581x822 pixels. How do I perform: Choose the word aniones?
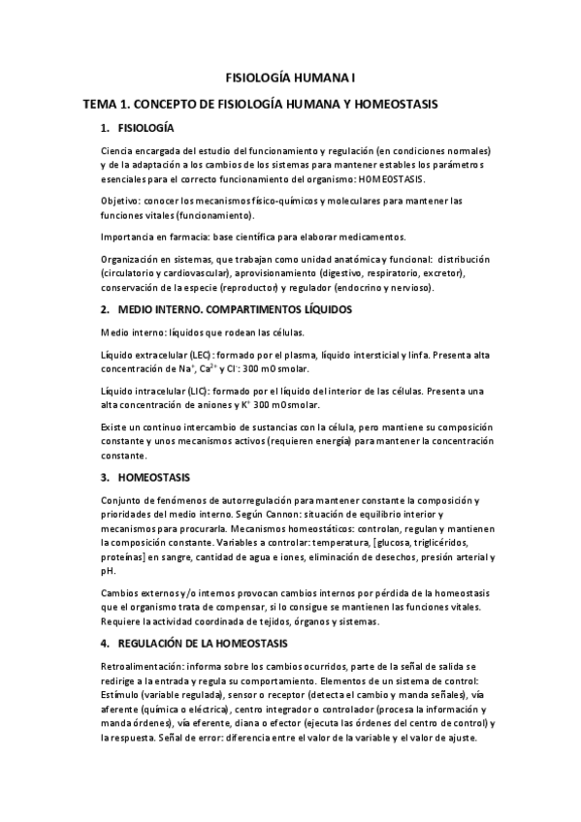pyautogui.click(x=205, y=405)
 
